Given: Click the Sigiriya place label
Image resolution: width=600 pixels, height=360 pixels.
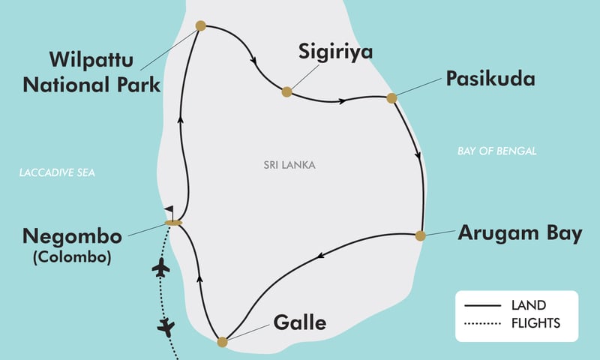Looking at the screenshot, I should (x=335, y=52).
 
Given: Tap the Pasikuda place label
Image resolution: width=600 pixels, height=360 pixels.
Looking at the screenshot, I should (x=490, y=79).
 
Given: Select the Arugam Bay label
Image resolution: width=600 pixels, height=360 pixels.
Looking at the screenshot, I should (x=520, y=233).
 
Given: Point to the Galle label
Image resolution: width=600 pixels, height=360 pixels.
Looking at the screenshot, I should (x=300, y=323).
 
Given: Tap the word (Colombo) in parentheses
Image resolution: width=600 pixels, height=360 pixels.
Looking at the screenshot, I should (x=72, y=258).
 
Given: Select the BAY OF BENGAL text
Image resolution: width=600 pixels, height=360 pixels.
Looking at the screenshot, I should (x=496, y=151).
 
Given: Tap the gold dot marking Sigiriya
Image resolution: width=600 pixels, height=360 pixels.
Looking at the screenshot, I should (x=286, y=92).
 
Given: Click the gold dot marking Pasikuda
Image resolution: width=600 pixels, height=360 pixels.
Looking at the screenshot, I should (x=391, y=97).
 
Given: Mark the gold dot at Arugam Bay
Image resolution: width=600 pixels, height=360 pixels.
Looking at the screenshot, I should (x=421, y=235).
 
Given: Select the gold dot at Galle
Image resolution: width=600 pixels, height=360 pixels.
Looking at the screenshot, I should (x=221, y=342).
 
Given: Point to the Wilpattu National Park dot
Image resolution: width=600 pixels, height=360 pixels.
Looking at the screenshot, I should (x=200, y=26).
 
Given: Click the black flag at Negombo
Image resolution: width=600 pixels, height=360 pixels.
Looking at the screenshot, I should (x=169, y=212).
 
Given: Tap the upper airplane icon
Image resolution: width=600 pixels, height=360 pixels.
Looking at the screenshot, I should (x=160, y=268).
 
